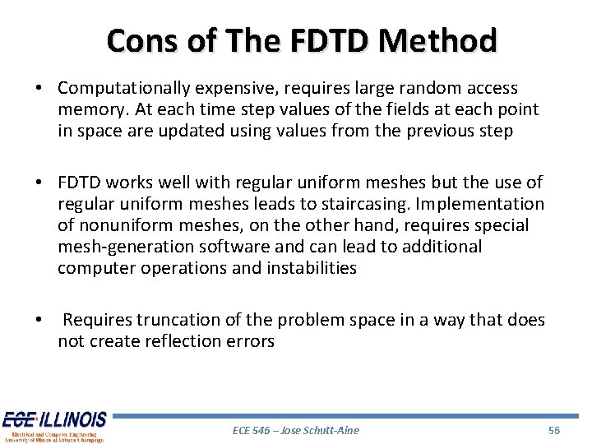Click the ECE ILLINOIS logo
53,426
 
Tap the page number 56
553,430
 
